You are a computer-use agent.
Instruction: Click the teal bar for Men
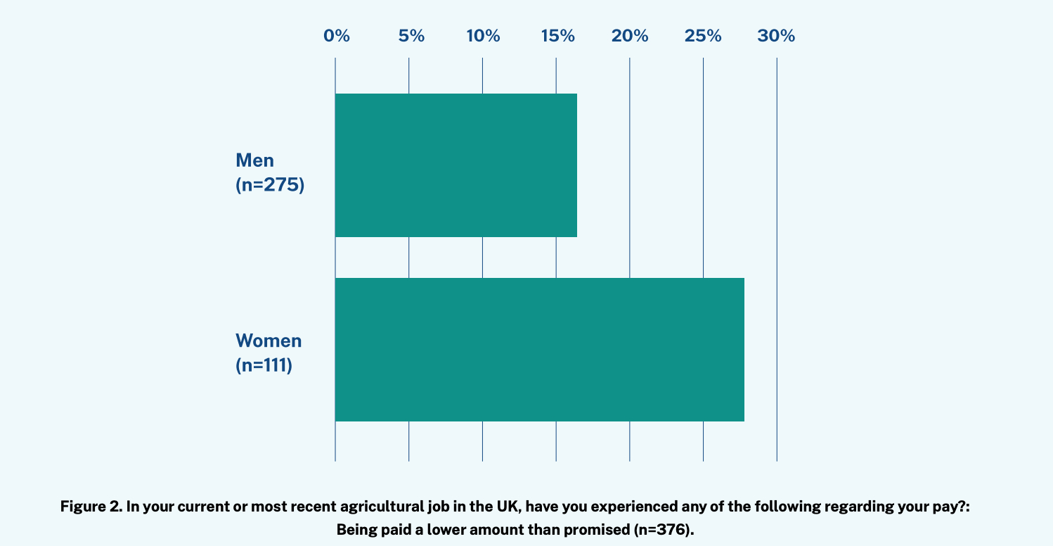(x=456, y=165)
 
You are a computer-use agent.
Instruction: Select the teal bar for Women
(x=539, y=350)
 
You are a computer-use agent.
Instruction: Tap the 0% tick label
(x=337, y=36)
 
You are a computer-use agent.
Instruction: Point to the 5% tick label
(x=411, y=36)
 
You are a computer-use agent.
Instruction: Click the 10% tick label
(x=483, y=36)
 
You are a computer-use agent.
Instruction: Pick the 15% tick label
(x=557, y=36)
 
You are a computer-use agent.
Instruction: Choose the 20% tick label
(x=630, y=36)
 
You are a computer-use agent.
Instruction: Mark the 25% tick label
(x=703, y=36)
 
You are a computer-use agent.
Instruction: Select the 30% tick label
(x=776, y=36)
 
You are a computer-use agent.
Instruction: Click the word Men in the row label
(x=254, y=160)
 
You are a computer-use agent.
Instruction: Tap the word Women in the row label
(x=269, y=341)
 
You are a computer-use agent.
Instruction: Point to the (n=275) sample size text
(x=270, y=186)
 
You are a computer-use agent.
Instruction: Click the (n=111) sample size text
(x=264, y=367)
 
